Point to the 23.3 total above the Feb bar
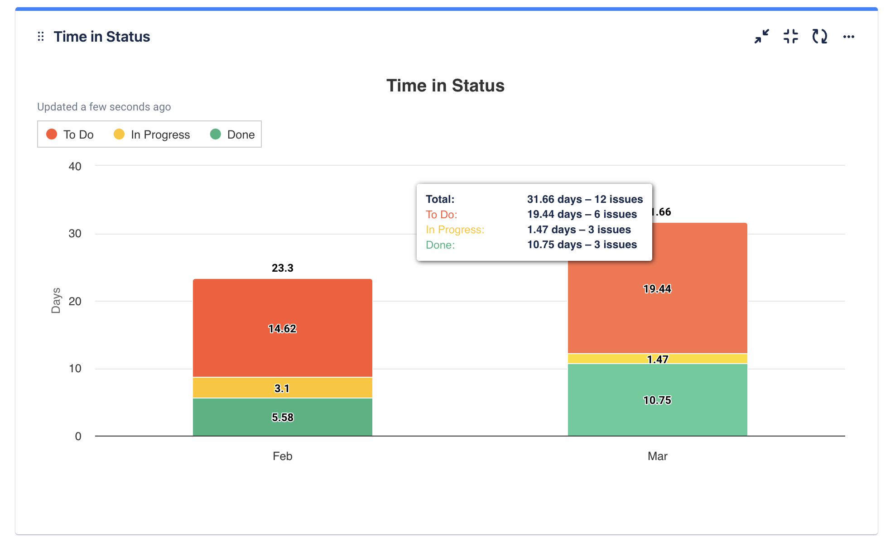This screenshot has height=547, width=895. pyautogui.click(x=282, y=268)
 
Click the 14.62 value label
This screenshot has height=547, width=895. pyautogui.click(x=282, y=329)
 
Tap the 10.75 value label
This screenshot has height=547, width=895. pyautogui.click(x=657, y=400)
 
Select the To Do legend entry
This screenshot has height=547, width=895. pyautogui.click(x=70, y=134)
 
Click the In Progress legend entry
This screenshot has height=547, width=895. pyautogui.click(x=152, y=134)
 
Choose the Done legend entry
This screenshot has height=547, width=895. pyautogui.click(x=233, y=134)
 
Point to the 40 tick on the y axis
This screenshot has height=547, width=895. pyautogui.click(x=75, y=167)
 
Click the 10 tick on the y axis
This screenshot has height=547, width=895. pyautogui.click(x=75, y=369)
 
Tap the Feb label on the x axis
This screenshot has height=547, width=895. pyautogui.click(x=282, y=456)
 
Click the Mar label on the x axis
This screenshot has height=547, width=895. pyautogui.click(x=657, y=456)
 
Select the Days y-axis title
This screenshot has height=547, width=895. pyautogui.click(x=56, y=301)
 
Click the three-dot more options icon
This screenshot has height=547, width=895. pyautogui.click(x=848, y=37)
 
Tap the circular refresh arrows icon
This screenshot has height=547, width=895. pyautogui.click(x=819, y=37)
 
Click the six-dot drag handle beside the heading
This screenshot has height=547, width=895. pyautogui.click(x=41, y=37)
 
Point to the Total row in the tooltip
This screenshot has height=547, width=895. pyautogui.click(x=534, y=199)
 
